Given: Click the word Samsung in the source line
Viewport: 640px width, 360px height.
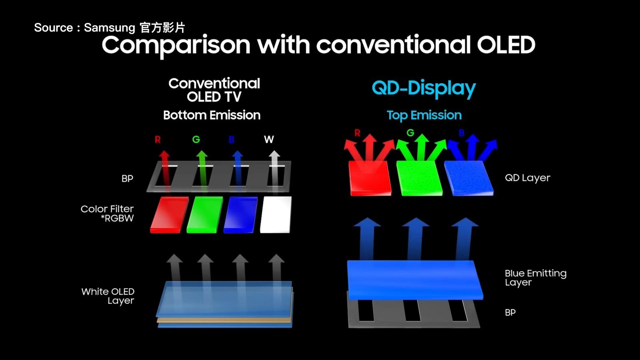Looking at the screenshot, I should pyautogui.click(x=109, y=28).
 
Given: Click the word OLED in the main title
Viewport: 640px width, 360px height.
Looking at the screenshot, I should pyautogui.click(x=506, y=45).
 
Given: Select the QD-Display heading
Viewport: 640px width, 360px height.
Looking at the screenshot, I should pyautogui.click(x=424, y=88).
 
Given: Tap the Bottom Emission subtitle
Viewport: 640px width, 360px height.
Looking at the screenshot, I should pyautogui.click(x=212, y=115).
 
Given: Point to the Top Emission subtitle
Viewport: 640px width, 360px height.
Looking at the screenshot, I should pyautogui.click(x=424, y=115).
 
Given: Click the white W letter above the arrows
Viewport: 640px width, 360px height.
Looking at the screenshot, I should pyautogui.click(x=269, y=140).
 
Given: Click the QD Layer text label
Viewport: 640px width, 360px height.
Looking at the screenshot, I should pyautogui.click(x=527, y=178).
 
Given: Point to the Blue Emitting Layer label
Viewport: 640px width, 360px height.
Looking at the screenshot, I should pyautogui.click(x=535, y=278).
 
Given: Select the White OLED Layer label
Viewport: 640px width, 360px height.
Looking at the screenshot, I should pyautogui.click(x=108, y=296).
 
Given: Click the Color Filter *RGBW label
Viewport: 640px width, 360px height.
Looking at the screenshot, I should pyautogui.click(x=107, y=214).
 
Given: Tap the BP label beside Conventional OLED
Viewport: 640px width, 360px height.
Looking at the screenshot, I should pyautogui.click(x=127, y=179).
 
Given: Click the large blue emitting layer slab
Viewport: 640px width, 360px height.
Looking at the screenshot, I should pyautogui.click(x=415, y=280).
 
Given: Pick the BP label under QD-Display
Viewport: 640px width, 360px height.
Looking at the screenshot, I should pyautogui.click(x=510, y=312).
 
